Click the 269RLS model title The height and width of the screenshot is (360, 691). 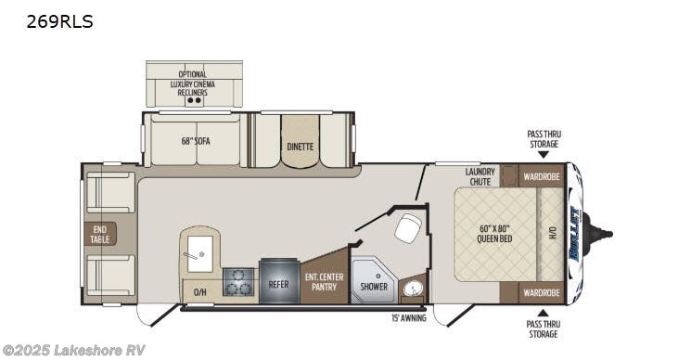tap(59, 21)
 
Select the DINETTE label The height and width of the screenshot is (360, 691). tap(300, 147)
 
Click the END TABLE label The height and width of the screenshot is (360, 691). tap(99, 233)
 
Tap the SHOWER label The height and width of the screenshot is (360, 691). tap(375, 287)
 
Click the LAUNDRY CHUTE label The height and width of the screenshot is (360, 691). tap(479, 175)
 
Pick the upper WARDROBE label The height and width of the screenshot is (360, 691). tap(540, 175)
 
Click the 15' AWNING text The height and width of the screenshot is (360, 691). tap(408, 317)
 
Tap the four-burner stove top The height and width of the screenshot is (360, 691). tap(239, 282)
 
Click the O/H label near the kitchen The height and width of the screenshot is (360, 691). tap(199, 291)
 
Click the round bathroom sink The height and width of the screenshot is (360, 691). tap(412, 289)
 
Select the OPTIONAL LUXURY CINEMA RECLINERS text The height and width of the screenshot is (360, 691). tap(193, 84)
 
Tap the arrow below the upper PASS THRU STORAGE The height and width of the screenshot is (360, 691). tap(544, 155)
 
